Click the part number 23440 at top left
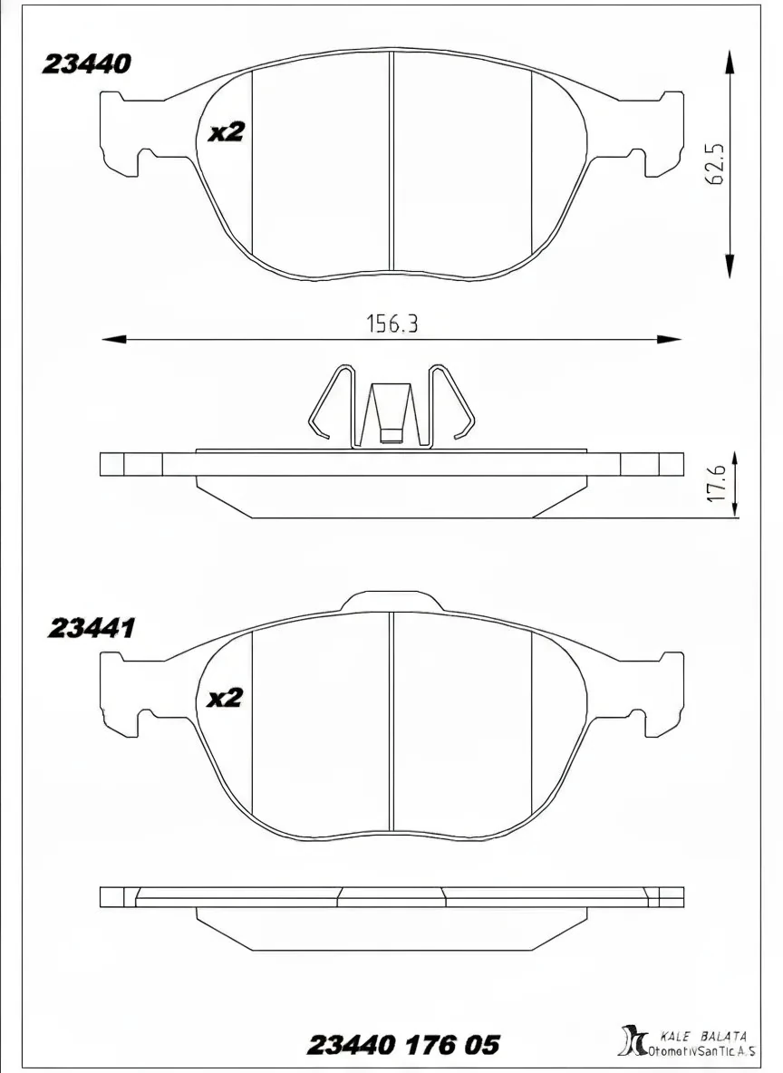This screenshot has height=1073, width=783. [87, 64]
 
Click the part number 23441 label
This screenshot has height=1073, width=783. [91, 628]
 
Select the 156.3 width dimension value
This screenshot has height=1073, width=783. [391, 324]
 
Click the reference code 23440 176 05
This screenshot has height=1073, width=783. [403, 1045]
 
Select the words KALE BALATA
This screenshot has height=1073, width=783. [703, 1035]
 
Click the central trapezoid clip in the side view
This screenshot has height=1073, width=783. [391, 413]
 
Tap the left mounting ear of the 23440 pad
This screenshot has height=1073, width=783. [122, 136]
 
